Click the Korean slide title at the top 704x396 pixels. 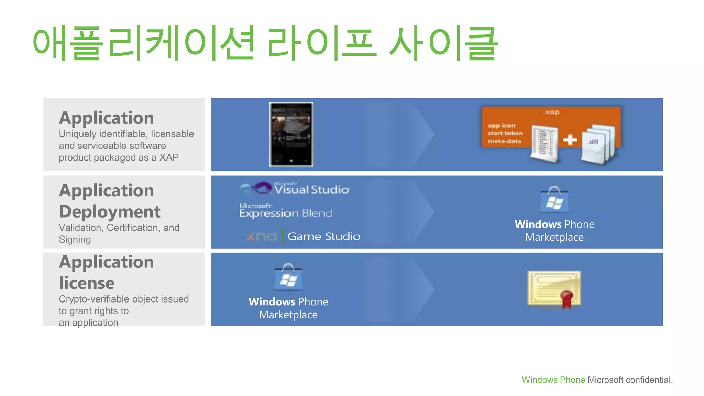pyautogui.click(x=265, y=43)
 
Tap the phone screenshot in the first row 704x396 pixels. pyautogui.click(x=291, y=134)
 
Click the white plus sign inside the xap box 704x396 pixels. pyautogui.click(x=570, y=140)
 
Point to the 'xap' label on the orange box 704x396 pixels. pyautogui.click(x=552, y=112)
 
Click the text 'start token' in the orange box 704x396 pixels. pyautogui.click(x=505, y=133)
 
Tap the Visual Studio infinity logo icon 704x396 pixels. pyautogui.click(x=256, y=188)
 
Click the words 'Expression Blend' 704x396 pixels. pyautogui.click(x=286, y=213)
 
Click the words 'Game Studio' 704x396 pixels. pyautogui.click(x=324, y=236)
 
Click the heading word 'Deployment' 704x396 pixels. pyautogui.click(x=110, y=212)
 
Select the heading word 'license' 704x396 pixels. pyautogui.click(x=87, y=283)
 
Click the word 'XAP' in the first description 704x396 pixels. pyautogui.click(x=169, y=157)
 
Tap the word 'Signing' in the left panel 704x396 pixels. pyautogui.click(x=75, y=239)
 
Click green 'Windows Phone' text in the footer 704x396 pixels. pyautogui.click(x=553, y=380)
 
